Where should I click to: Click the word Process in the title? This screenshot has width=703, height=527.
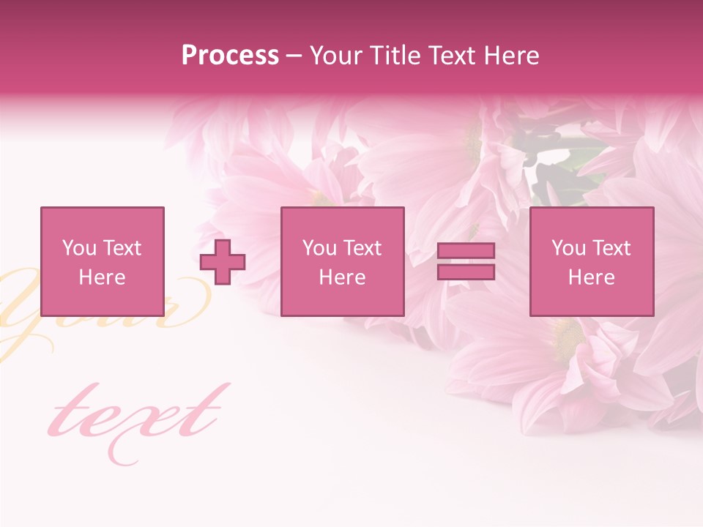click(x=230, y=56)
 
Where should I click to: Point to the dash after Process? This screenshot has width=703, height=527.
click(x=294, y=56)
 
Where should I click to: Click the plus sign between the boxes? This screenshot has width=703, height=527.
click(x=223, y=262)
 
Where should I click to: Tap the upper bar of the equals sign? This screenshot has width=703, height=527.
click(x=466, y=251)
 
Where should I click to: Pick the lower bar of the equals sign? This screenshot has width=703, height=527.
click(x=466, y=272)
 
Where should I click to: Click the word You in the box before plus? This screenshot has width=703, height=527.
click(x=79, y=248)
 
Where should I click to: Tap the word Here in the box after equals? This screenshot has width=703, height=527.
click(x=591, y=277)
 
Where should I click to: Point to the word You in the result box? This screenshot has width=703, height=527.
click(x=568, y=248)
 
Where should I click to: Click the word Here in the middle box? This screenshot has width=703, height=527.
click(x=342, y=277)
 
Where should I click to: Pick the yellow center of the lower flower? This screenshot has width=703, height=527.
click(x=567, y=337)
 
